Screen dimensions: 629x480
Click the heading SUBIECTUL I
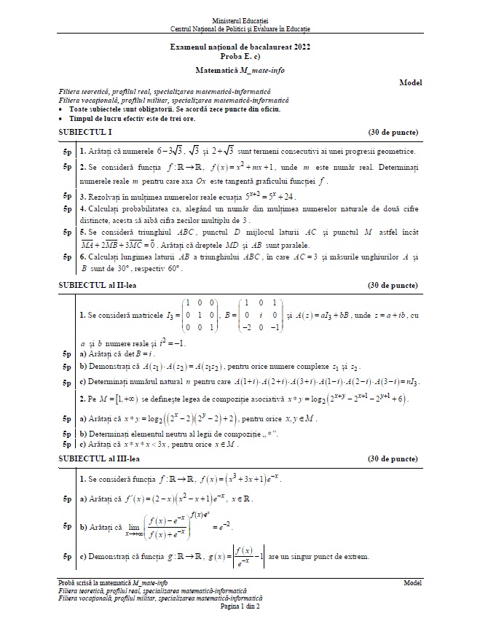coord(84,133)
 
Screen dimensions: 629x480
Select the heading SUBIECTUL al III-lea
coord(98,459)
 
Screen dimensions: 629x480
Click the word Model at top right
coord(411,83)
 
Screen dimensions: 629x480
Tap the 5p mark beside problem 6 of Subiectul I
coord(67,257)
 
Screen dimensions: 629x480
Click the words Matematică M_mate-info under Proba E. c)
coord(240,70)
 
